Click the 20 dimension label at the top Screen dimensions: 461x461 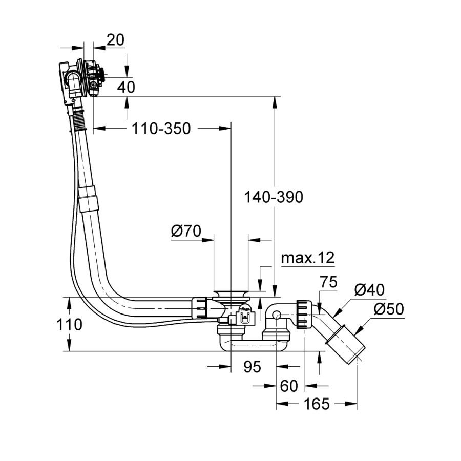[x=116, y=40]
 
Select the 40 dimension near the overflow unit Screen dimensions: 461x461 [x=126, y=87]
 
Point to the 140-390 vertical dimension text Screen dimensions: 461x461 [x=274, y=197]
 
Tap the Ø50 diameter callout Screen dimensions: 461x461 [x=389, y=309]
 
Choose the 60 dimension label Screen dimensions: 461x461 [x=289, y=386]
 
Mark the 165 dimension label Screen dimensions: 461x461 [x=316, y=404]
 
